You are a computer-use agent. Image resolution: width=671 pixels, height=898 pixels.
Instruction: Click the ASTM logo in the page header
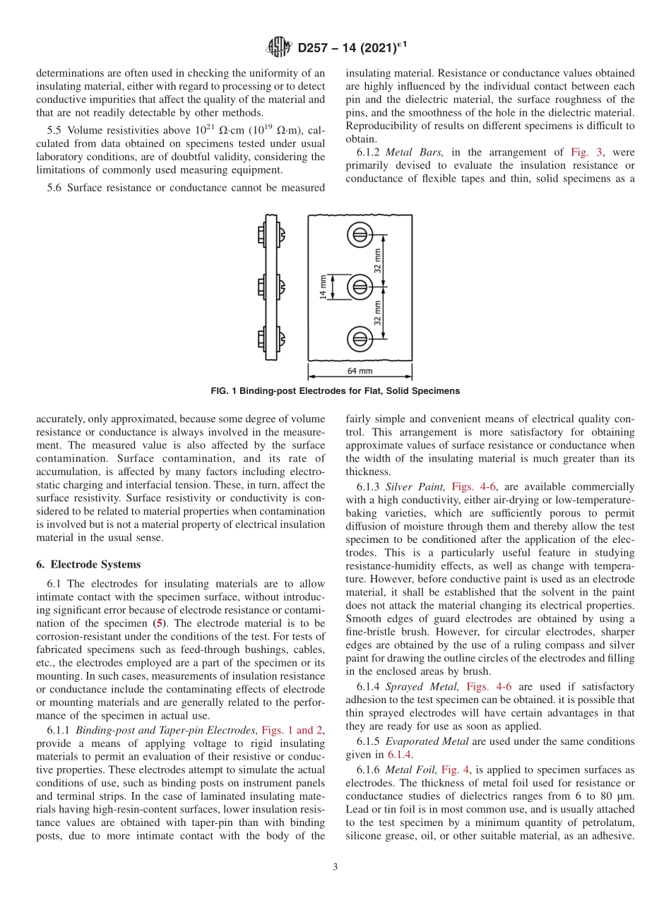click(x=278, y=48)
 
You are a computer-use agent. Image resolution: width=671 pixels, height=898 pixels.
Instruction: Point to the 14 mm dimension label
click(x=323, y=287)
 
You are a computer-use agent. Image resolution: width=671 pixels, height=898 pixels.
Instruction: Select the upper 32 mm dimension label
click(x=377, y=260)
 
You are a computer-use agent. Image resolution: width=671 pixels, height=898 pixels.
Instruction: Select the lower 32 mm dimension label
click(x=377, y=313)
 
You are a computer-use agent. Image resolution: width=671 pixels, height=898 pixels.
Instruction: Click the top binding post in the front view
click(x=360, y=234)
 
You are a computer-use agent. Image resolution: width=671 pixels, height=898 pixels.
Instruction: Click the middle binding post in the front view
click(x=360, y=287)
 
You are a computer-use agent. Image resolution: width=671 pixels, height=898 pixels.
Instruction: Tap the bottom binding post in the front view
click(x=360, y=339)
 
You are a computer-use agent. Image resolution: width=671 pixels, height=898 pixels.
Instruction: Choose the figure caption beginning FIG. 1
click(x=335, y=391)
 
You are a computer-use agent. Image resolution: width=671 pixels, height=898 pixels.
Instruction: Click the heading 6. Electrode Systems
click(x=88, y=564)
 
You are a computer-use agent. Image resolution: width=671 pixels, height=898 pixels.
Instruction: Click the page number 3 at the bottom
click(x=335, y=867)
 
